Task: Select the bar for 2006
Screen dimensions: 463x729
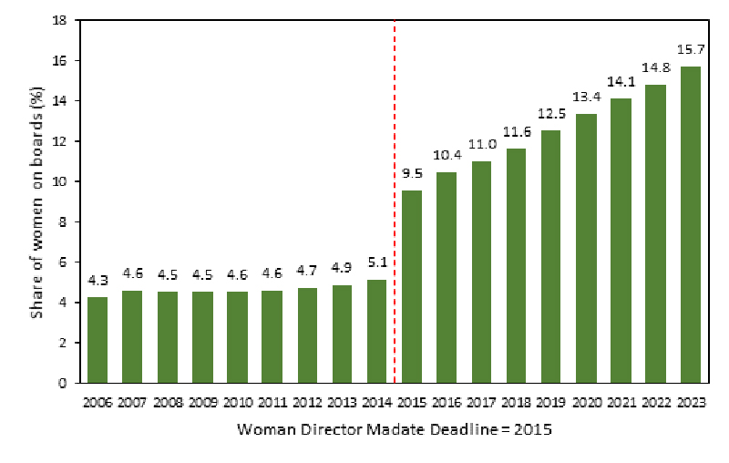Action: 98,339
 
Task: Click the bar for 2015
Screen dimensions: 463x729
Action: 412,286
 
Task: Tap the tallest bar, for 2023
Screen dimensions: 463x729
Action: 690,224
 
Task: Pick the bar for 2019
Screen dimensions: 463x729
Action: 550,256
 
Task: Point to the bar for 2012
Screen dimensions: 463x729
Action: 307,334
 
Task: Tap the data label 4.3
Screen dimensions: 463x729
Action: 98,280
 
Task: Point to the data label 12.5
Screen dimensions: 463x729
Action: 550,114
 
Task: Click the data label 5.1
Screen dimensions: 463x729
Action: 377,263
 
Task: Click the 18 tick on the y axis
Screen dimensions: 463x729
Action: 63,20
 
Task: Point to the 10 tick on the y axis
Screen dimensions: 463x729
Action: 63,181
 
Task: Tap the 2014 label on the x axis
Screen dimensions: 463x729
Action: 377,402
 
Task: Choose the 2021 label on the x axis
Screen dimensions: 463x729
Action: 621,402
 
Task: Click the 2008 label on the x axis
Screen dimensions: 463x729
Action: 168,402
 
